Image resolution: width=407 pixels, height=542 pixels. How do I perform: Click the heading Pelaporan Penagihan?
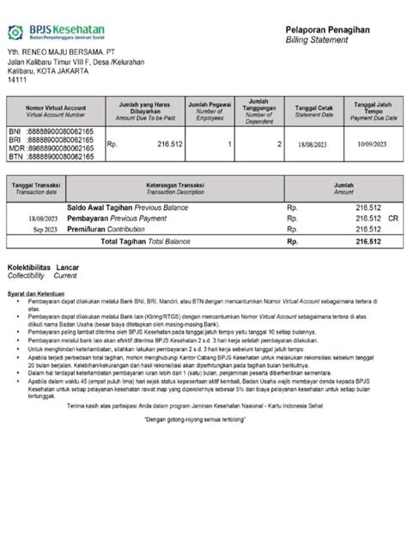point(327,30)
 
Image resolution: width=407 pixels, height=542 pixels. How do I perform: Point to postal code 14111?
point(17,80)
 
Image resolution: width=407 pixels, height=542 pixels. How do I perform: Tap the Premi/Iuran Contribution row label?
point(109,229)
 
